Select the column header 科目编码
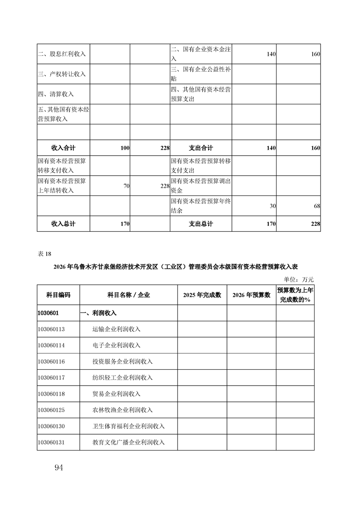59,295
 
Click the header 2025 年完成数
202,295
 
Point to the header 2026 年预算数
251,295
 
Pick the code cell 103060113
51,329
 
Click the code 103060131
51,442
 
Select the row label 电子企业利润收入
116,345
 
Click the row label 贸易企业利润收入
116,393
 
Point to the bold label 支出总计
201,224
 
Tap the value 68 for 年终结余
316,206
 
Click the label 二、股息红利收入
62,54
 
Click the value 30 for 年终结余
272,206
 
